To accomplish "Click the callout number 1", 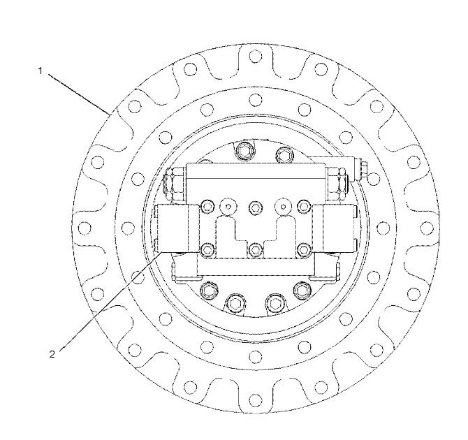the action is [x=41, y=71].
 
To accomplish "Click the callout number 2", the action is [x=52, y=354].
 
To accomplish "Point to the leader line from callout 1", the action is [x=78, y=94].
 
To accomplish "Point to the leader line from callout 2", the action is [x=111, y=301].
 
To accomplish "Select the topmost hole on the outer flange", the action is [x=255, y=57].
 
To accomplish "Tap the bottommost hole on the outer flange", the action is [x=255, y=399].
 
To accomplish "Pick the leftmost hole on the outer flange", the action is [x=85, y=228].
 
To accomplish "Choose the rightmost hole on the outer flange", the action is [x=427, y=228].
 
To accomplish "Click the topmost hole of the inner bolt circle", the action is [x=255, y=99].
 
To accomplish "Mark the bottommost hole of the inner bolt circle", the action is [x=255, y=357].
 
